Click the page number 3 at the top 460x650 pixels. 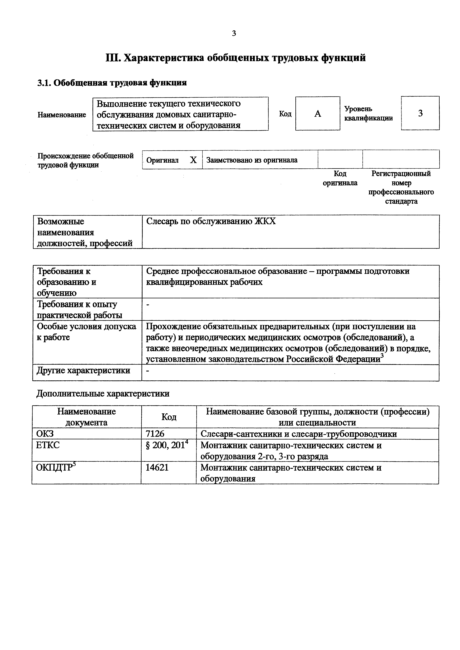click(234, 33)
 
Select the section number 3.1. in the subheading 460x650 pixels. click(44, 83)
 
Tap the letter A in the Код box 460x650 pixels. click(318, 114)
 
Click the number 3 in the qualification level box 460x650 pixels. click(420, 113)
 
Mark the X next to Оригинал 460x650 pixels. click(193, 160)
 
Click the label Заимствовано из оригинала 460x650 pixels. click(252, 160)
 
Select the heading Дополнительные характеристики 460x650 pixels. click(103, 394)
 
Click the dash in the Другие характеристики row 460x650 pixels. click(147, 371)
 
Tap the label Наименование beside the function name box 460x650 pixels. click(62, 115)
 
